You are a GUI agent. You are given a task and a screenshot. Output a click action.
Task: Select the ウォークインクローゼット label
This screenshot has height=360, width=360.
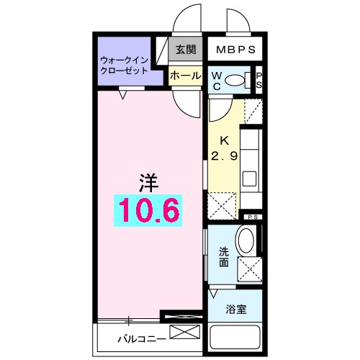[x=124, y=66]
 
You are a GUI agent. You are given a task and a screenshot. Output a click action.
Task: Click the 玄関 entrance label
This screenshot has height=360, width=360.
[x=185, y=50]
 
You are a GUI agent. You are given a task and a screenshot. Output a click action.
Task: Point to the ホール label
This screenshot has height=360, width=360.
[x=185, y=75]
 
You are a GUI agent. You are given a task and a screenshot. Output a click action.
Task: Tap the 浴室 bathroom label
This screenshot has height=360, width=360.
[x=235, y=310]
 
